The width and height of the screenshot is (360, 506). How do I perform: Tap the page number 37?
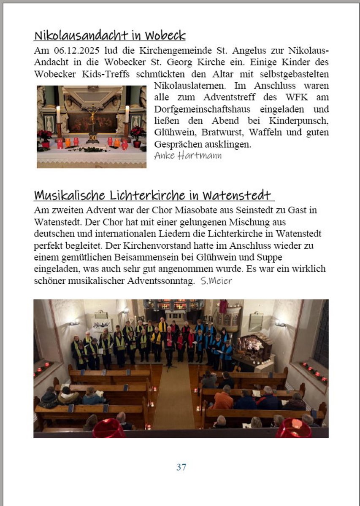(x=181, y=467)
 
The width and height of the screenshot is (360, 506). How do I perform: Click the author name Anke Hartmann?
(x=187, y=156)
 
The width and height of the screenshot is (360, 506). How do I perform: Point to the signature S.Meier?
(x=217, y=281)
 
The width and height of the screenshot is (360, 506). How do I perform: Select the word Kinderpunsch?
(x=300, y=121)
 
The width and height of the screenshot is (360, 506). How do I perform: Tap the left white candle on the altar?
(x=58, y=115)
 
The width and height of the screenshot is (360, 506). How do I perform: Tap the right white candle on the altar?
(x=127, y=114)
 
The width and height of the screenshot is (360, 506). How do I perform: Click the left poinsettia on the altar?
(x=45, y=136)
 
